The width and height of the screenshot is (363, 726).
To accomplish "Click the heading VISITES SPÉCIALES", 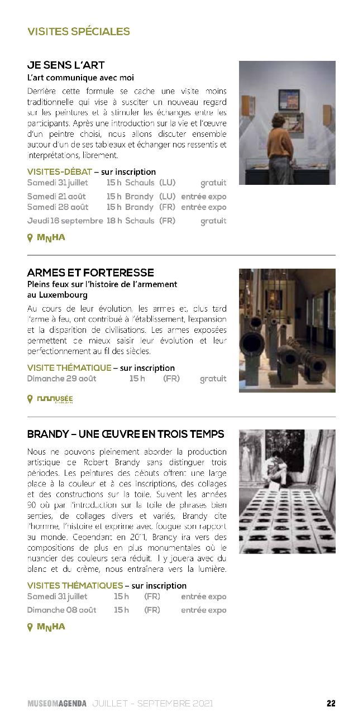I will (78, 32).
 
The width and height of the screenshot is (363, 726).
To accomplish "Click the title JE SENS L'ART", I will (66, 65).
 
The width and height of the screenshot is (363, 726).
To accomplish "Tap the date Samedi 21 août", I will (56, 197).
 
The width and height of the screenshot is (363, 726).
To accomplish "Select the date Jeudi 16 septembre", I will (65, 221).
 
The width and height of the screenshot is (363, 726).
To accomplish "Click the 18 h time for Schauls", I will (114, 221).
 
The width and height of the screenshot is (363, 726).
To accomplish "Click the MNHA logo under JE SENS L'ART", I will (51, 237).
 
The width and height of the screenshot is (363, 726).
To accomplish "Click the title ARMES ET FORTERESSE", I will (90, 273).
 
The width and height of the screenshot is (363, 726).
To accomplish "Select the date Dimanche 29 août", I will (61, 379).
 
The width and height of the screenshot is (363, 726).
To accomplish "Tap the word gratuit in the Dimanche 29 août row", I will (213, 379).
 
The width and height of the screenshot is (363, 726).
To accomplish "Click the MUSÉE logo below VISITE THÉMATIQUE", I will (55, 399).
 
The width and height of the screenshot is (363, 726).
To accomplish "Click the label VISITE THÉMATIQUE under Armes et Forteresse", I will (69, 368).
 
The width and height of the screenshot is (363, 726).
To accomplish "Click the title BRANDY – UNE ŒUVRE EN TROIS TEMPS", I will (126, 434).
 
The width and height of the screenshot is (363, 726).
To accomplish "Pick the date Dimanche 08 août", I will (61, 610).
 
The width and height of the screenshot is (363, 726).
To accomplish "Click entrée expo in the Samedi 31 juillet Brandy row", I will (203, 596).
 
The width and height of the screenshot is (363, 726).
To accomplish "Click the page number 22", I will (331, 704).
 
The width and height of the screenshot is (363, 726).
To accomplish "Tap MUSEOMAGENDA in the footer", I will (57, 704).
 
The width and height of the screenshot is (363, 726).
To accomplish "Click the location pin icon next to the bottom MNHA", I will (30, 627).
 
